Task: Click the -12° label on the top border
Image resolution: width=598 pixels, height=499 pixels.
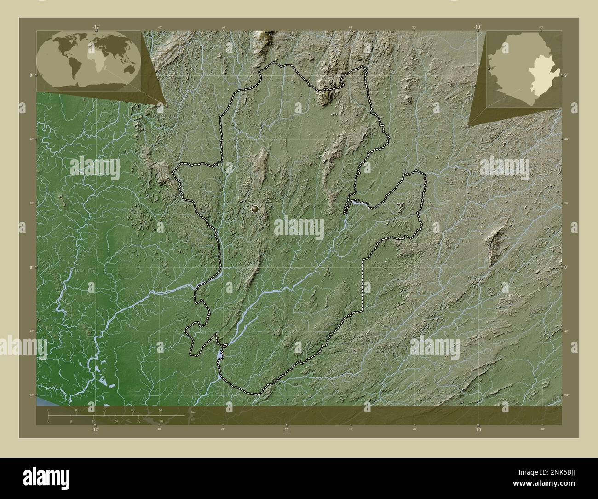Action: pos(96,27)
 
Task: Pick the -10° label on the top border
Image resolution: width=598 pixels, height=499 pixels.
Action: pos(477,27)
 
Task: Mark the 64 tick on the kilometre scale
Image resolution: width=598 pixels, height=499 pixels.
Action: pos(161,410)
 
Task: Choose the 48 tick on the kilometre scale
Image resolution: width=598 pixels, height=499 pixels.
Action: pos(132,410)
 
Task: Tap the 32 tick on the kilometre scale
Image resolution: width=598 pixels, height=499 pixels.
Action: pos(104,410)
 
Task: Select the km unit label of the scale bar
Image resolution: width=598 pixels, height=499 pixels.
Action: pos(194,412)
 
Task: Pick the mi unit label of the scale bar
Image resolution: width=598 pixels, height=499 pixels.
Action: pos(193,419)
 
